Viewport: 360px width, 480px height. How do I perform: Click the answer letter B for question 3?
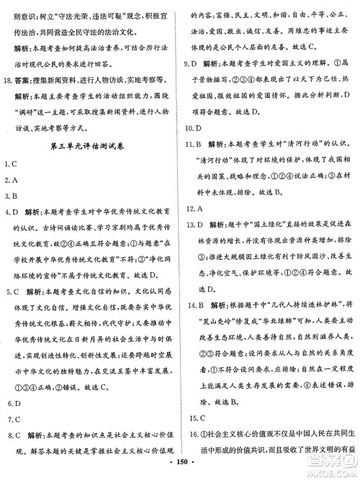point(14,195)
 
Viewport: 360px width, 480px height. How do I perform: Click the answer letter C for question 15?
point(199,417)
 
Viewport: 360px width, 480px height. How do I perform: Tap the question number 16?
point(189,434)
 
